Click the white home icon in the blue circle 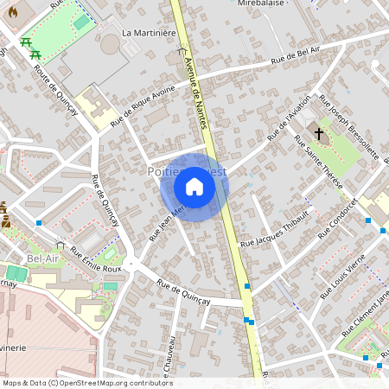pos(194,187)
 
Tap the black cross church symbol pos(319,134)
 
